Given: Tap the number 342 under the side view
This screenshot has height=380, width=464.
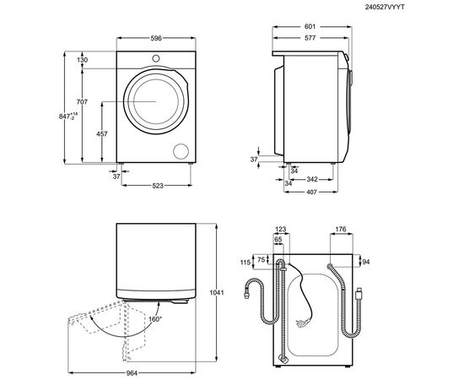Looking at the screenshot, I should (x=311, y=179).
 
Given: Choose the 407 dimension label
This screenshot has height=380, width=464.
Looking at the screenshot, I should (x=310, y=191).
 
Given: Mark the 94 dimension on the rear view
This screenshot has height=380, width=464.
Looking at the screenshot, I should (x=366, y=262).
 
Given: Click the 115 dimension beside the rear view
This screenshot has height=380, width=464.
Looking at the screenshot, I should (x=245, y=263).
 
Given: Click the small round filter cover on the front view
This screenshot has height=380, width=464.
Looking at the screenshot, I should (x=181, y=150).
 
